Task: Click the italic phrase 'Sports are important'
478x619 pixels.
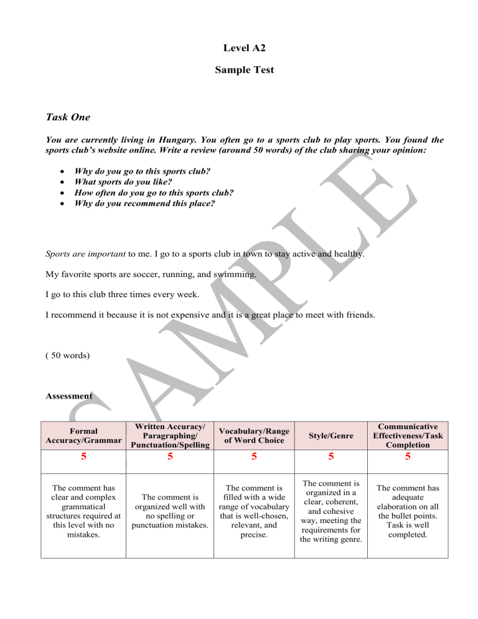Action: coord(78,254)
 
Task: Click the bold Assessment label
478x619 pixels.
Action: coord(69,395)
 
